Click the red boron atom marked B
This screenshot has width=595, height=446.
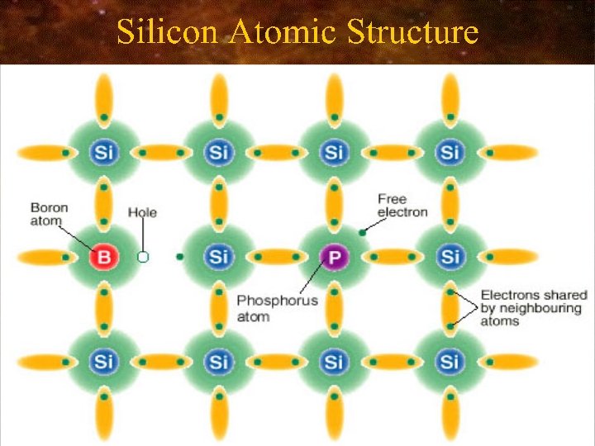(103, 257)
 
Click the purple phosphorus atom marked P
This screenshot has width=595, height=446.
(334, 257)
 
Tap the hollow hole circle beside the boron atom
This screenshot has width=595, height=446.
(143, 257)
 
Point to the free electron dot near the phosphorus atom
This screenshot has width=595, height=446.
(362, 233)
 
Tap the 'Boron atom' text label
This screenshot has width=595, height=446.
(50, 213)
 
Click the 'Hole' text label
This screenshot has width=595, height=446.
(142, 212)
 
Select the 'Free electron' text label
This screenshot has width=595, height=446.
(402, 205)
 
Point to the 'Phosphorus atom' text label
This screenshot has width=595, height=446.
(277, 307)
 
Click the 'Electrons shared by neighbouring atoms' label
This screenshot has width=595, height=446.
(533, 307)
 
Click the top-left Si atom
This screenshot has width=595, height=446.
(103, 152)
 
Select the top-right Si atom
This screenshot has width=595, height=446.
(450, 152)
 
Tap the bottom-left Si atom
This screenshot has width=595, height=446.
(103, 361)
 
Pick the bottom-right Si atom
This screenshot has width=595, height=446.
(450, 361)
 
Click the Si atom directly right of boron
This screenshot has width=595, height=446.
(218, 257)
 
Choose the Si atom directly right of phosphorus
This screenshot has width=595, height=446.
(450, 257)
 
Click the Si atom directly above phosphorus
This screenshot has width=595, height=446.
(334, 152)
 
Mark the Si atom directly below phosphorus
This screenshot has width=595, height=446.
(334, 361)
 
